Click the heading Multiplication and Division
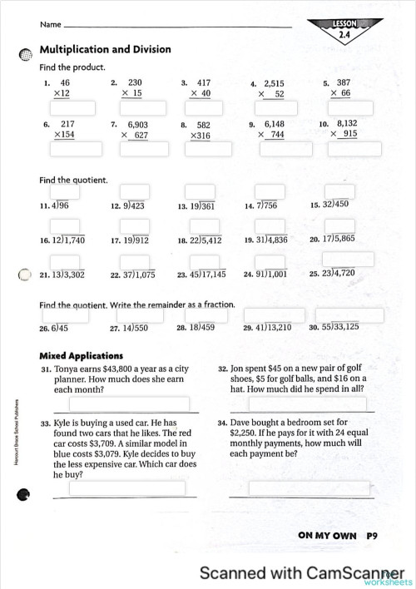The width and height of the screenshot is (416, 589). click(x=106, y=50)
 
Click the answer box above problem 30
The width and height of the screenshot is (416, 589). click(x=349, y=315)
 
